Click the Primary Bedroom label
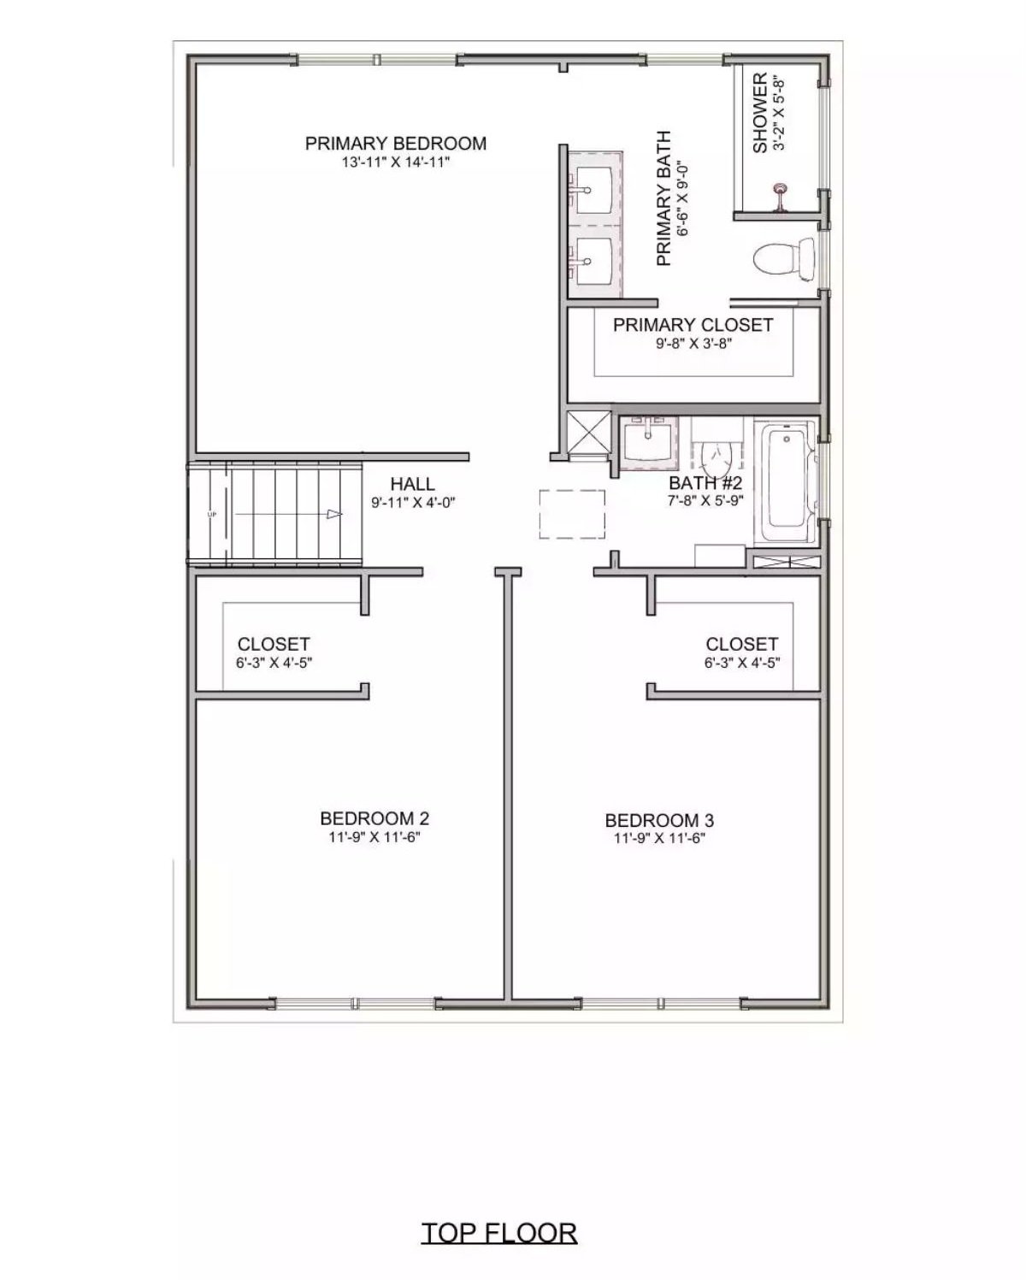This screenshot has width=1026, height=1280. click(x=396, y=144)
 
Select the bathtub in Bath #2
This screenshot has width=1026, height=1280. click(x=787, y=481)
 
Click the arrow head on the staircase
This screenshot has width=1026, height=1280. click(x=334, y=514)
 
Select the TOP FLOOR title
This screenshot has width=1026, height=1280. click(x=499, y=1232)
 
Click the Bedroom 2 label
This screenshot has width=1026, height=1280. click(x=374, y=818)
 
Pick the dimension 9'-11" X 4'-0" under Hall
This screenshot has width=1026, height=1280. click(x=413, y=503)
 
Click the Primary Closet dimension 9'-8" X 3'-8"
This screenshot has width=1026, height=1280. click(x=693, y=344)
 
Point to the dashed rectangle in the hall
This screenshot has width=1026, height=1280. click(x=572, y=514)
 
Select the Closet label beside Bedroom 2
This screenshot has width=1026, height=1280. click(x=274, y=644)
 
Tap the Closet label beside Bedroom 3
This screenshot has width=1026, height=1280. click(x=742, y=644)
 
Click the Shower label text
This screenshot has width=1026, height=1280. click(x=759, y=114)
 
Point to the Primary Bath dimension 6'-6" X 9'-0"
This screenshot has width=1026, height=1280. click(x=683, y=198)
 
